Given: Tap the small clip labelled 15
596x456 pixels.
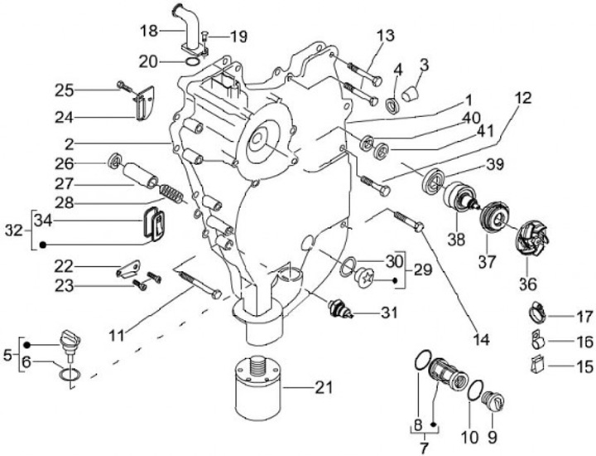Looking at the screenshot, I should click(536, 363).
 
